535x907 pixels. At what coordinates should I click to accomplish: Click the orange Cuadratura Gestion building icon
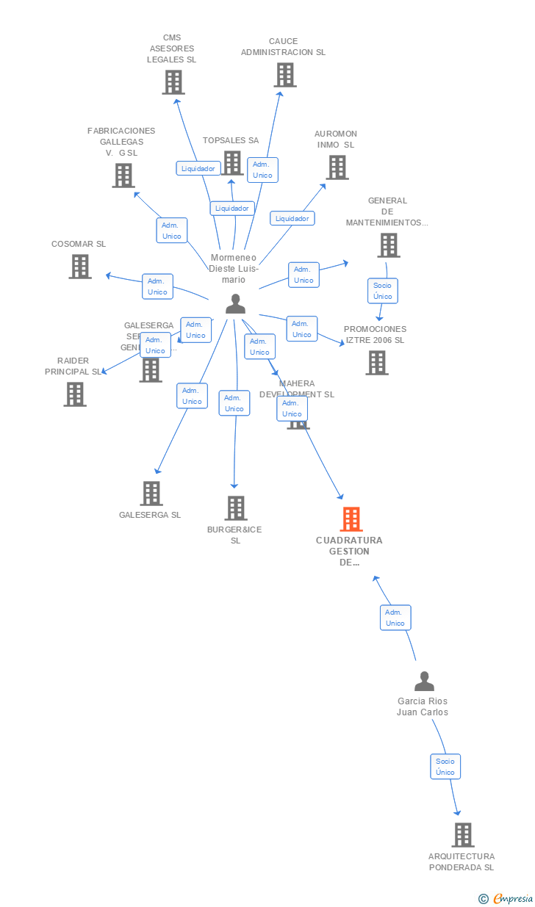coord(351,519)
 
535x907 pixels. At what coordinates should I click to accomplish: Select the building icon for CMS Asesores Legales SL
coord(173,82)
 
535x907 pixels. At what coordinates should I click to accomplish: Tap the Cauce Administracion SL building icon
coord(285,75)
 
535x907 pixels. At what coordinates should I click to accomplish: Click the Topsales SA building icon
coord(232,163)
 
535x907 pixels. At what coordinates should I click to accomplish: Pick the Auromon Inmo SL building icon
coord(337,167)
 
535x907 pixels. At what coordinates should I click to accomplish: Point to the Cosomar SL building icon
coord(80,267)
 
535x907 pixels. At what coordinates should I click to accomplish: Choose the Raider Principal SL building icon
coord(75,394)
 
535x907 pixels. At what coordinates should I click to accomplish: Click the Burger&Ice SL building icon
coord(235,508)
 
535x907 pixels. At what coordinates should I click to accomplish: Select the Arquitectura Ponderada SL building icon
coord(462,835)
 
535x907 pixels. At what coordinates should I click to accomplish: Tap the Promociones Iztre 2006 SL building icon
coord(377,363)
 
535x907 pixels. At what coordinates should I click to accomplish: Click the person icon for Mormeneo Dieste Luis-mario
coord(235,303)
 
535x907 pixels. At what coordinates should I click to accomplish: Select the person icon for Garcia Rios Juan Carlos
coord(424,682)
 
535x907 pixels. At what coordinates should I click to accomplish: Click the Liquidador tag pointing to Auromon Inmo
coord(292,218)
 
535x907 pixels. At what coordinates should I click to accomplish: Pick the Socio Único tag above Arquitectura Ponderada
coord(445,766)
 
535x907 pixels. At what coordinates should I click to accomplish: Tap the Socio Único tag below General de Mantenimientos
coord(383,291)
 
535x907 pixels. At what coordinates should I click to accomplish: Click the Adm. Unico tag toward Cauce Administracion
coord(262,170)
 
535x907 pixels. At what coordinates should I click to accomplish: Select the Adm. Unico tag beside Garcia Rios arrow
coord(395,618)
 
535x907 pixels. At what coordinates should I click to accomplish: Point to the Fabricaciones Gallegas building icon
coord(123,176)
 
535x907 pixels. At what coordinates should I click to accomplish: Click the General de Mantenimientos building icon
coord(389,245)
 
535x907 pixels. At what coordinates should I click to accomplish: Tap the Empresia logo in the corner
coord(506,898)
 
